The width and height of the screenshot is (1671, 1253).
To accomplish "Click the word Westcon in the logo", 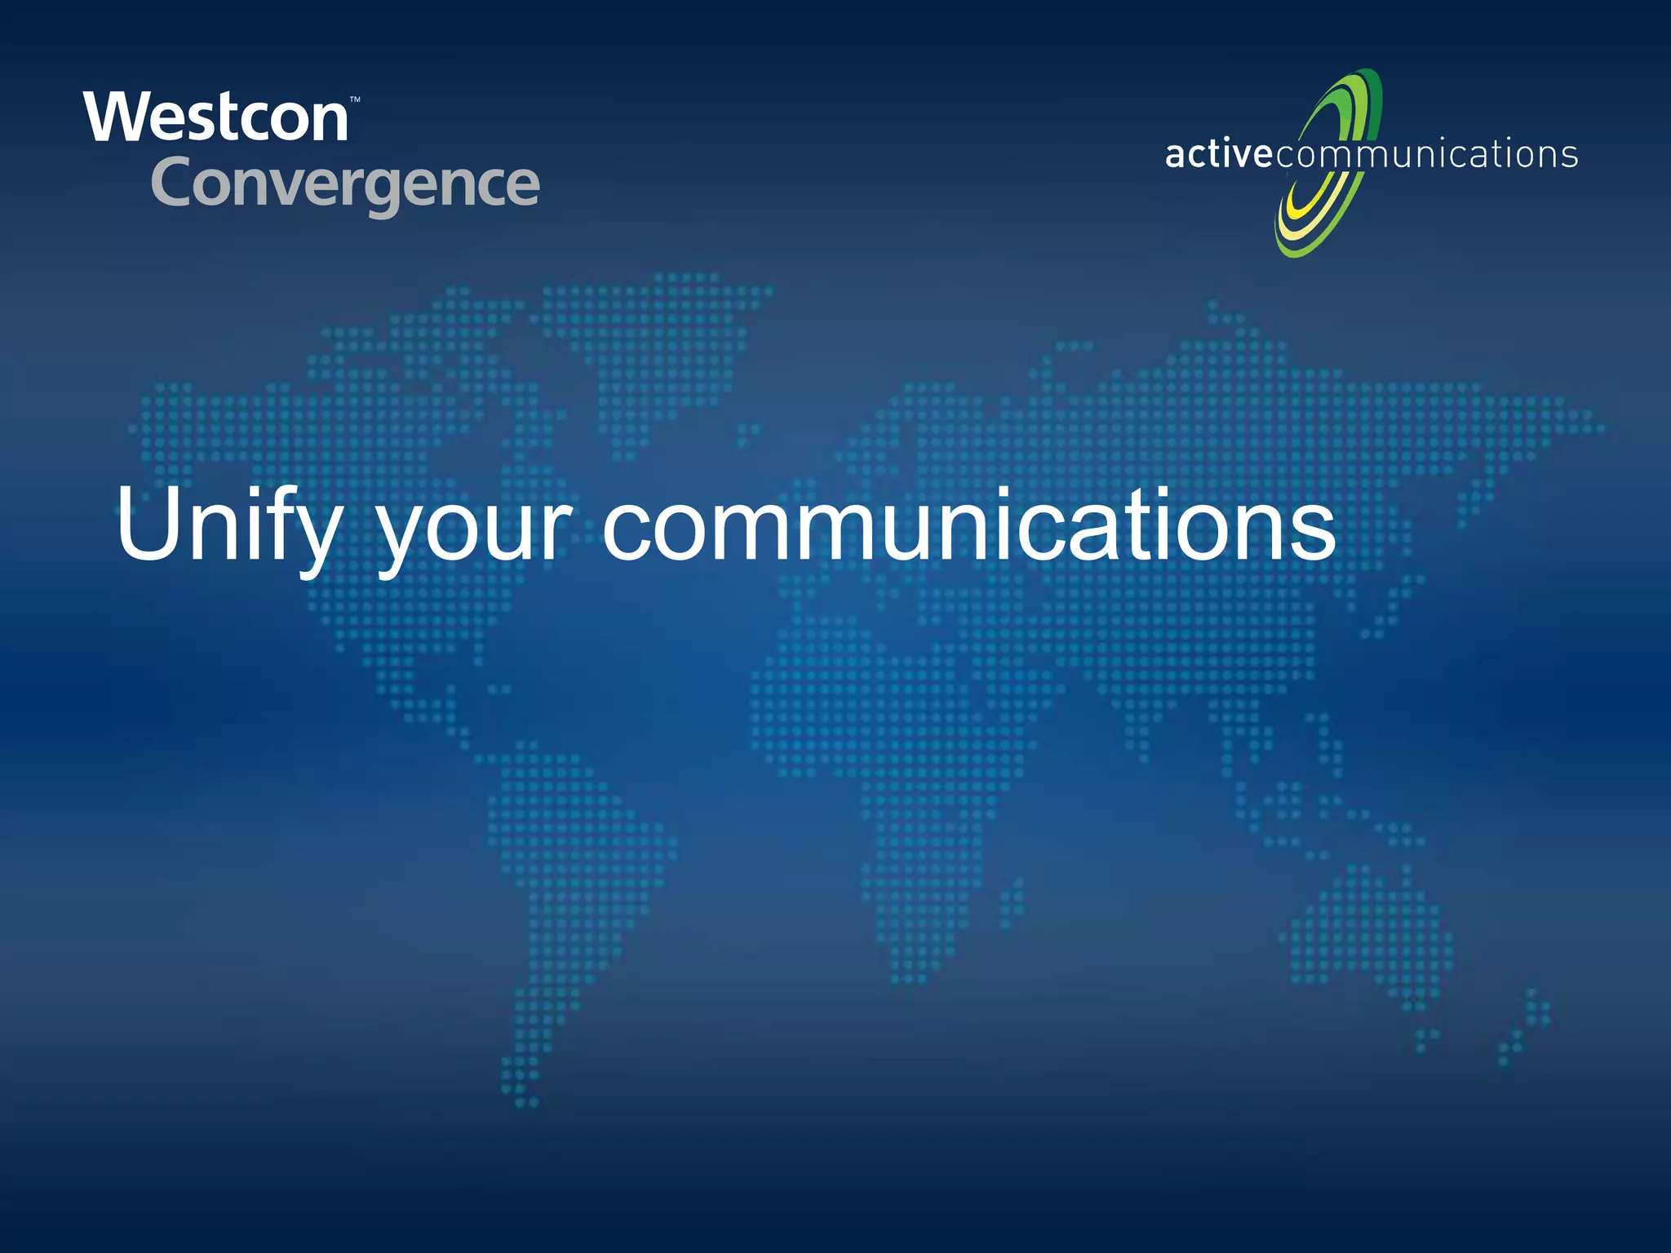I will [216, 118].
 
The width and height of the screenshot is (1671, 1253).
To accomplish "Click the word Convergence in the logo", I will [345, 184].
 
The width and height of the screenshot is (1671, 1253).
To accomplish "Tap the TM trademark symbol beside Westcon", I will [355, 100].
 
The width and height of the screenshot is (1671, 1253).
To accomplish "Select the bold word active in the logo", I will [1218, 154].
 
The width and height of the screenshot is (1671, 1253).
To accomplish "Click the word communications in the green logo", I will [1426, 154].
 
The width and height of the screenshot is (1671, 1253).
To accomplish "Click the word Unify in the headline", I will [228, 526].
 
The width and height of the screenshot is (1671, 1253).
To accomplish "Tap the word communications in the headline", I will [968, 526].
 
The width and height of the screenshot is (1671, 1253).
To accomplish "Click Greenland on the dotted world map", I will [661, 343].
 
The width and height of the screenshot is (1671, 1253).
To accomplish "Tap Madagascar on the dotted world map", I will [1012, 901].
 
